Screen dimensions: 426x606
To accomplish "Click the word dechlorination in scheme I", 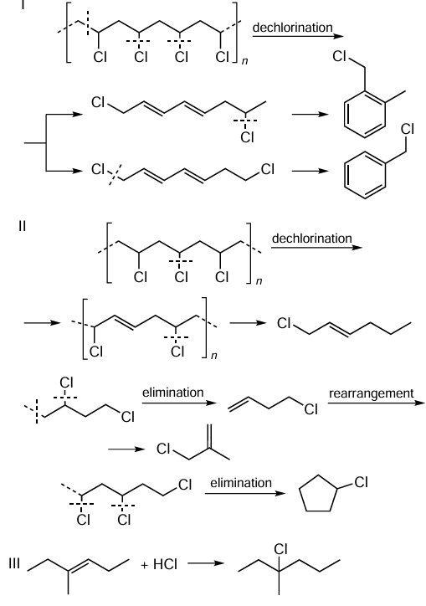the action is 292,28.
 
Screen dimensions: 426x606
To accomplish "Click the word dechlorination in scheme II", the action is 311,238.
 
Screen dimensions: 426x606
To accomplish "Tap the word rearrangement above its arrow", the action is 371,393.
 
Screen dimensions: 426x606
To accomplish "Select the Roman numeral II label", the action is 22,226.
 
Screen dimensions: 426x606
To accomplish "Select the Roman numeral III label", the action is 14,563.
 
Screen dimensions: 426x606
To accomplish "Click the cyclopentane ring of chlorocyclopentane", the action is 317,493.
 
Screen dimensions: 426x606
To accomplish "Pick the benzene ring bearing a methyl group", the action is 365,115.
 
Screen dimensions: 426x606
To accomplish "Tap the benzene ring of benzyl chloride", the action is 365,175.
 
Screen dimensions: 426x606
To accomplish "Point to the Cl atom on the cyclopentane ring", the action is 361,482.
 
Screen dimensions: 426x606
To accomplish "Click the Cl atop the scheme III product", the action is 280,549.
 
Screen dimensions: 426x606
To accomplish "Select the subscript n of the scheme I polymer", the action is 244,60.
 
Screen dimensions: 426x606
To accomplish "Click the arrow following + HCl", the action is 206,563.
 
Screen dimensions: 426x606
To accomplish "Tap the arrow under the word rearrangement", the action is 377,403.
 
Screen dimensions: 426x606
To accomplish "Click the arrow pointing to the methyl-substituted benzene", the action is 310,115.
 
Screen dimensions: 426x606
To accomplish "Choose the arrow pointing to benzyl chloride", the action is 310,171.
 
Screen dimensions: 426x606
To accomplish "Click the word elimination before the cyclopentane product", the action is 241,483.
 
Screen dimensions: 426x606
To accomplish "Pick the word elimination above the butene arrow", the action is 172,393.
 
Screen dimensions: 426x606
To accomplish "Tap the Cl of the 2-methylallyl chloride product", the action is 163,449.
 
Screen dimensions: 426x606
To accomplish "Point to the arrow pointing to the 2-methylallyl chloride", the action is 126,449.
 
